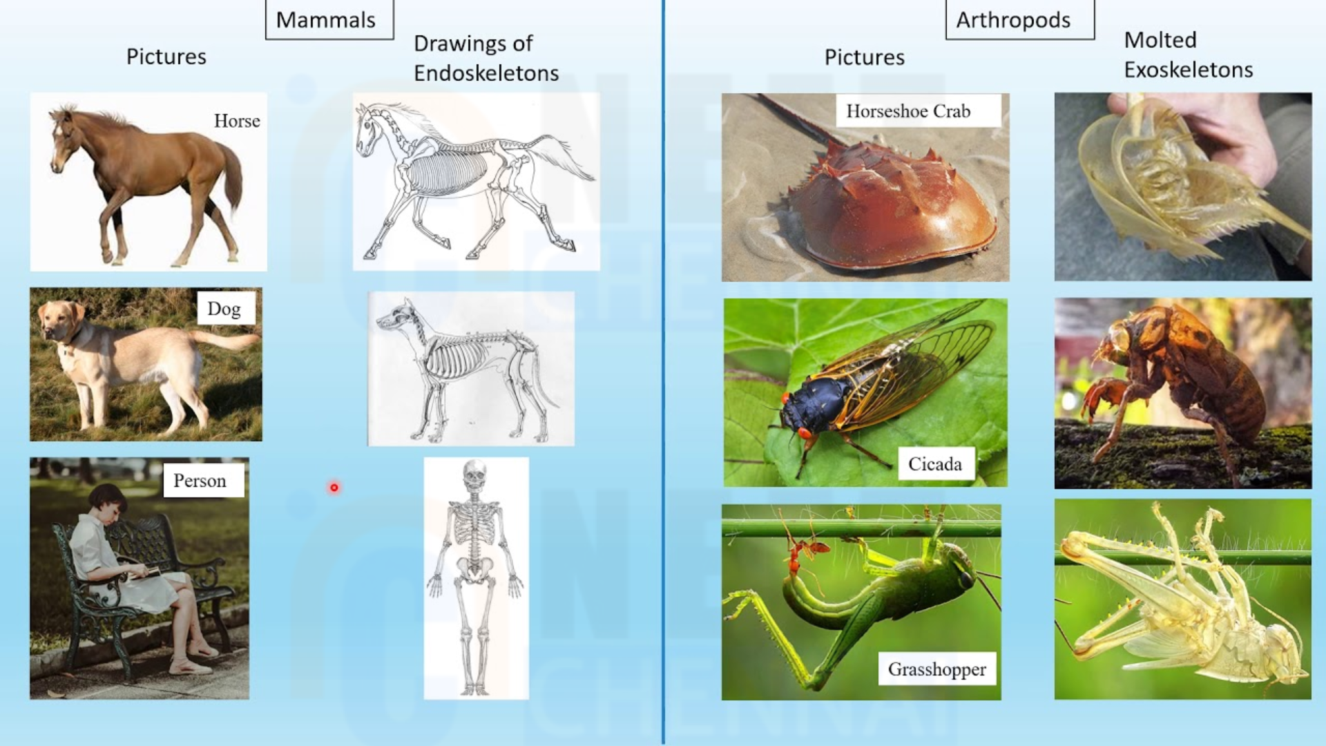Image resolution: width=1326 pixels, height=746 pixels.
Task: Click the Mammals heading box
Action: click(329, 19)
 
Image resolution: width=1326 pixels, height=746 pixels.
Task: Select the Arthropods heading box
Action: click(1020, 19)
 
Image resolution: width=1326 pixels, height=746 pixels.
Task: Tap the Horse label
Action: click(237, 121)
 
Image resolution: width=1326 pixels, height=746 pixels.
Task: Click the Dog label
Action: click(225, 309)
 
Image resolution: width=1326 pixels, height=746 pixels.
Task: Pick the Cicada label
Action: click(936, 463)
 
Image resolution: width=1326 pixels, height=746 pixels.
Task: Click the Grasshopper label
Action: click(937, 669)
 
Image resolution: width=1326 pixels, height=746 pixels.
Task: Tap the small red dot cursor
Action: click(334, 488)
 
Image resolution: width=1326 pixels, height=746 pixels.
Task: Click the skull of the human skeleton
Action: click(474, 477)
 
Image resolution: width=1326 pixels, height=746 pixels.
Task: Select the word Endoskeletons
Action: click(486, 73)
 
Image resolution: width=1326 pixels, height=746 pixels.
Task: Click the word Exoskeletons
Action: click(1189, 70)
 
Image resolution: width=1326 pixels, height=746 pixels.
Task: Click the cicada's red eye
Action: click(805, 433)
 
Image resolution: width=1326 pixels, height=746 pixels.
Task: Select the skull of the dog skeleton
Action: click(397, 318)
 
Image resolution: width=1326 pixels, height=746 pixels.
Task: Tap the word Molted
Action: click(1160, 40)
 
